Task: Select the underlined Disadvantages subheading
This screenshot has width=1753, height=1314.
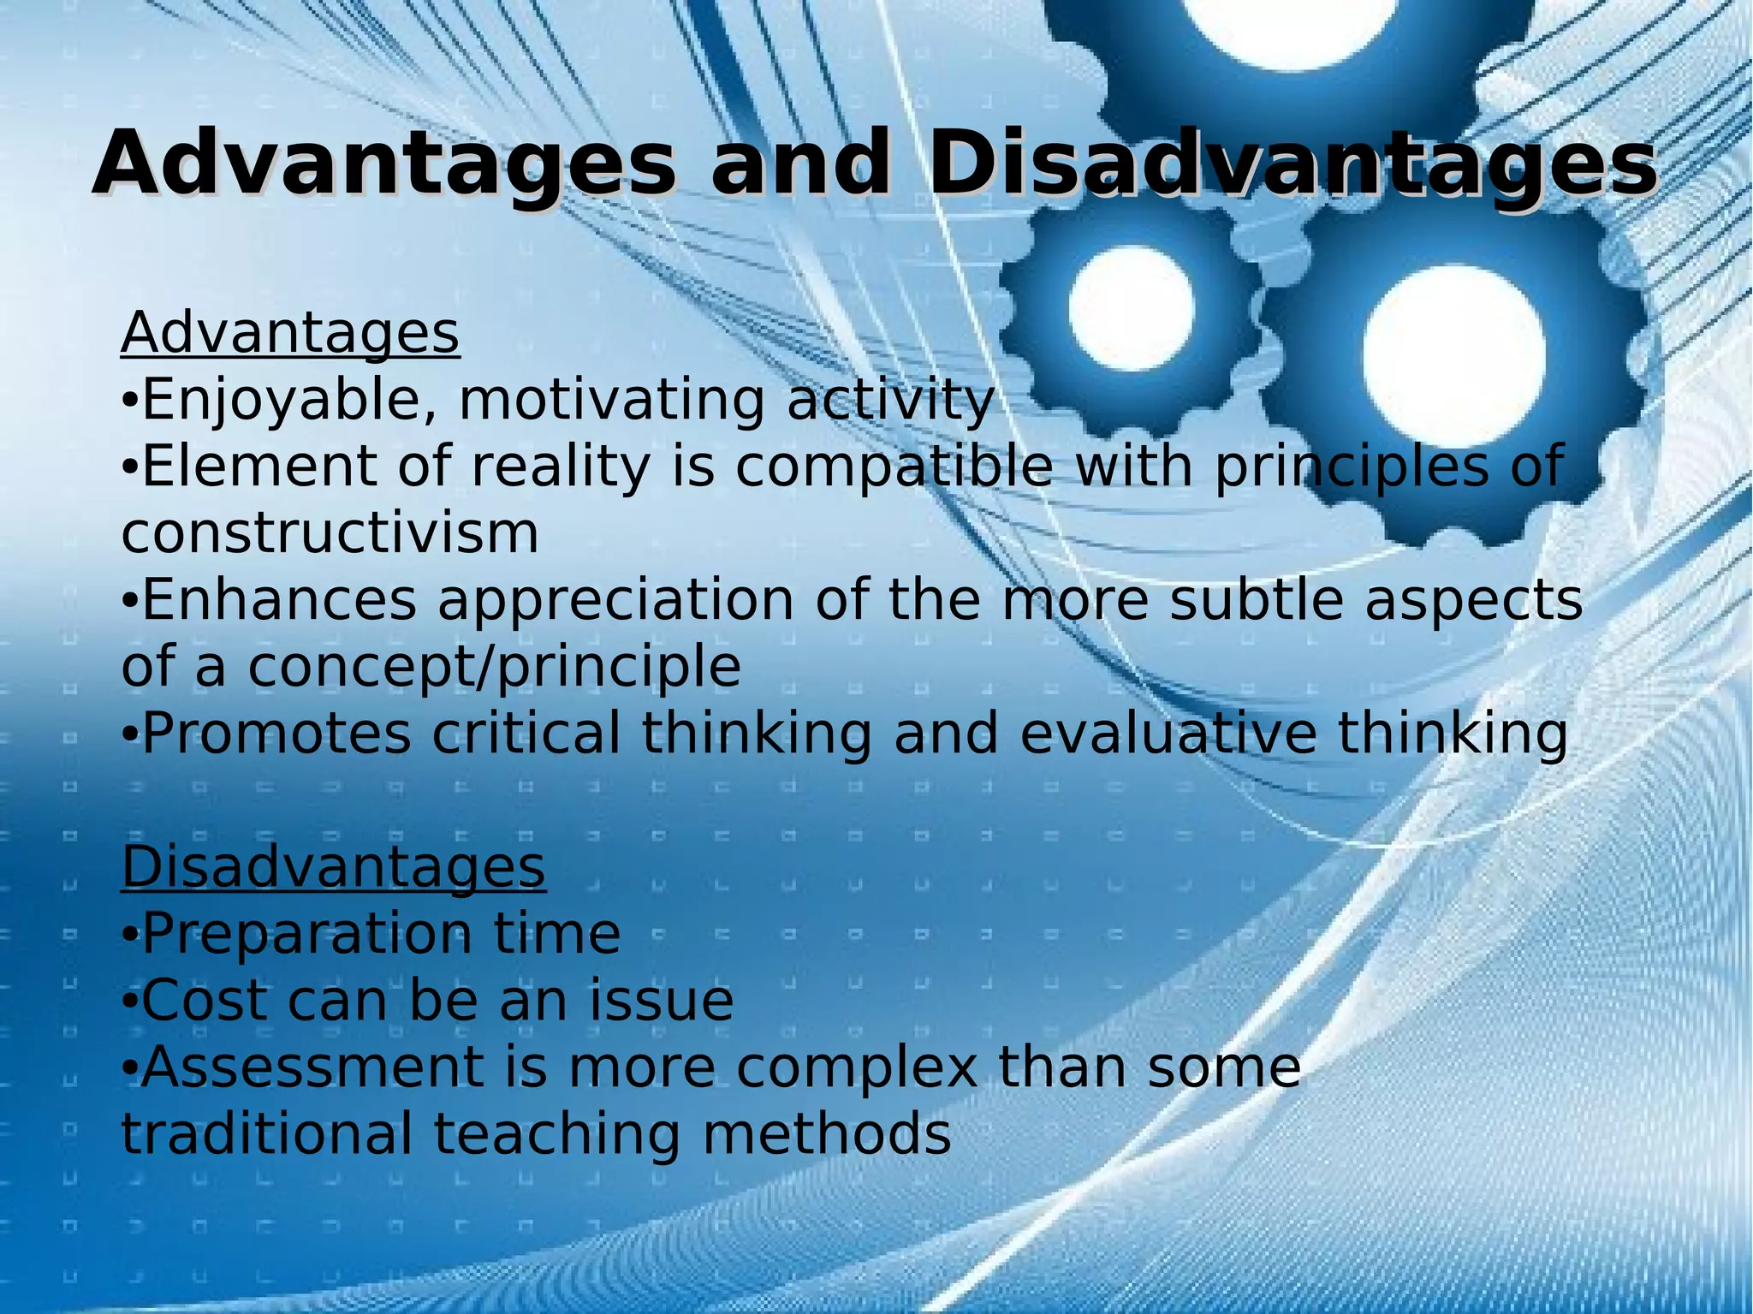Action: click(x=334, y=866)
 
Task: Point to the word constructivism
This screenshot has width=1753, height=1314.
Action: click(x=330, y=533)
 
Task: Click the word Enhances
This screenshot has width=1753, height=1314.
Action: click(x=279, y=599)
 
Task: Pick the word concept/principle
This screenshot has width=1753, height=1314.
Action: click(x=494, y=666)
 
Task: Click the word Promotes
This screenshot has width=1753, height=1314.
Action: click(x=276, y=734)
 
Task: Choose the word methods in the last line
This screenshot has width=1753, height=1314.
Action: click(x=826, y=1133)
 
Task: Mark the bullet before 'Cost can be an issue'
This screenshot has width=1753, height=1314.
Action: click(x=128, y=1002)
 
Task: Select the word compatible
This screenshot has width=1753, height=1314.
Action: click(x=894, y=467)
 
